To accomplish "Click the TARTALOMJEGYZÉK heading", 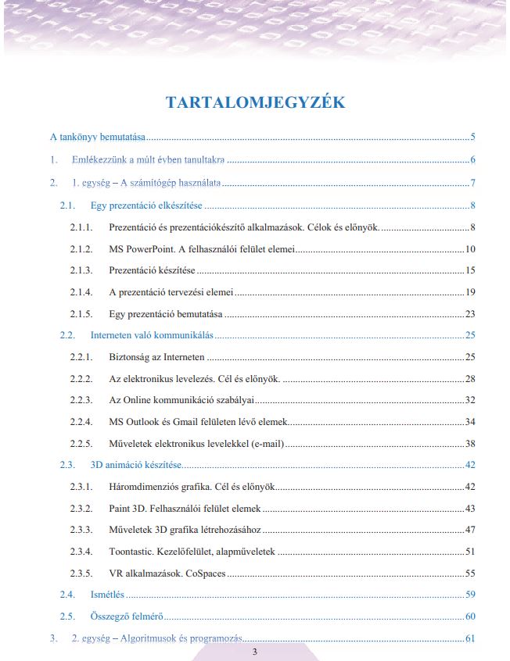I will click(256, 102).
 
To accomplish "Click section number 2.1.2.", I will click(81, 249).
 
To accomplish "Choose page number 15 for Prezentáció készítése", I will click(470, 270).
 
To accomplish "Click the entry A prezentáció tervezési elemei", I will click(171, 292).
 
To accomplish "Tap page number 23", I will click(470, 314).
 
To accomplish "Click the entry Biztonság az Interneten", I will click(156, 357).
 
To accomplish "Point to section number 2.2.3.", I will click(81, 400).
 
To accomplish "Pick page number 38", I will click(470, 444).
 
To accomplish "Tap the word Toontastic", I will click(135, 552).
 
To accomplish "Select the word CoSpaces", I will click(205, 573).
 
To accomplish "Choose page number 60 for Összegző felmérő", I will click(470, 616).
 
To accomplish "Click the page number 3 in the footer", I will click(254, 652).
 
